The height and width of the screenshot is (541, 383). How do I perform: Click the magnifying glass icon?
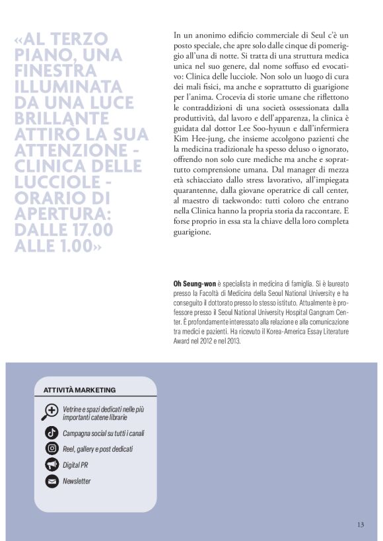click(x=50, y=411)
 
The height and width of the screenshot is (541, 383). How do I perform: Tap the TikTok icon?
click(x=51, y=433)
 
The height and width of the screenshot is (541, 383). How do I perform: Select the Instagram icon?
click(x=51, y=449)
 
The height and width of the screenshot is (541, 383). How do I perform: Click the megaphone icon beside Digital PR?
click(x=51, y=465)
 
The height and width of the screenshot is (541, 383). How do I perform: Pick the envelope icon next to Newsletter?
click(x=51, y=481)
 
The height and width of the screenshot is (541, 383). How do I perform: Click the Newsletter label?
click(x=77, y=481)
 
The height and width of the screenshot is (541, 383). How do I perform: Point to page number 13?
click(x=360, y=524)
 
